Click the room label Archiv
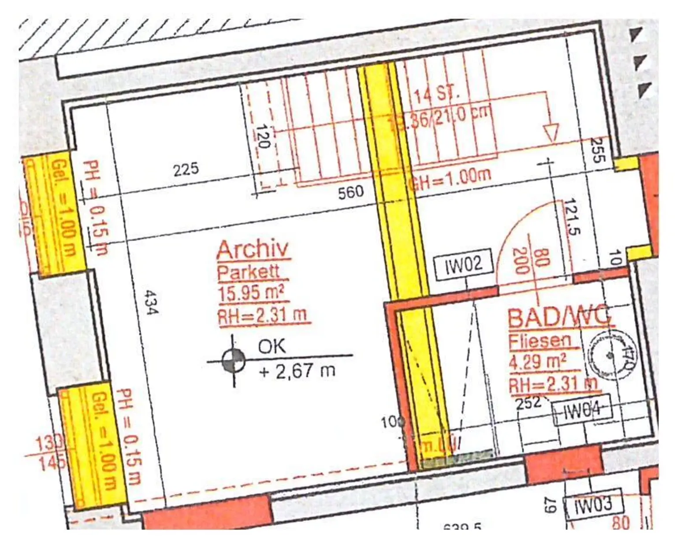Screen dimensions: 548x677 (x=253, y=250)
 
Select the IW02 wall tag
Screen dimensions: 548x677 (x=464, y=264)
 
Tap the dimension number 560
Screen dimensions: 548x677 (x=351, y=192)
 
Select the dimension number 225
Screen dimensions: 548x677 (x=186, y=169)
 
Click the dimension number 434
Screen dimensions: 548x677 (x=151, y=302)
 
